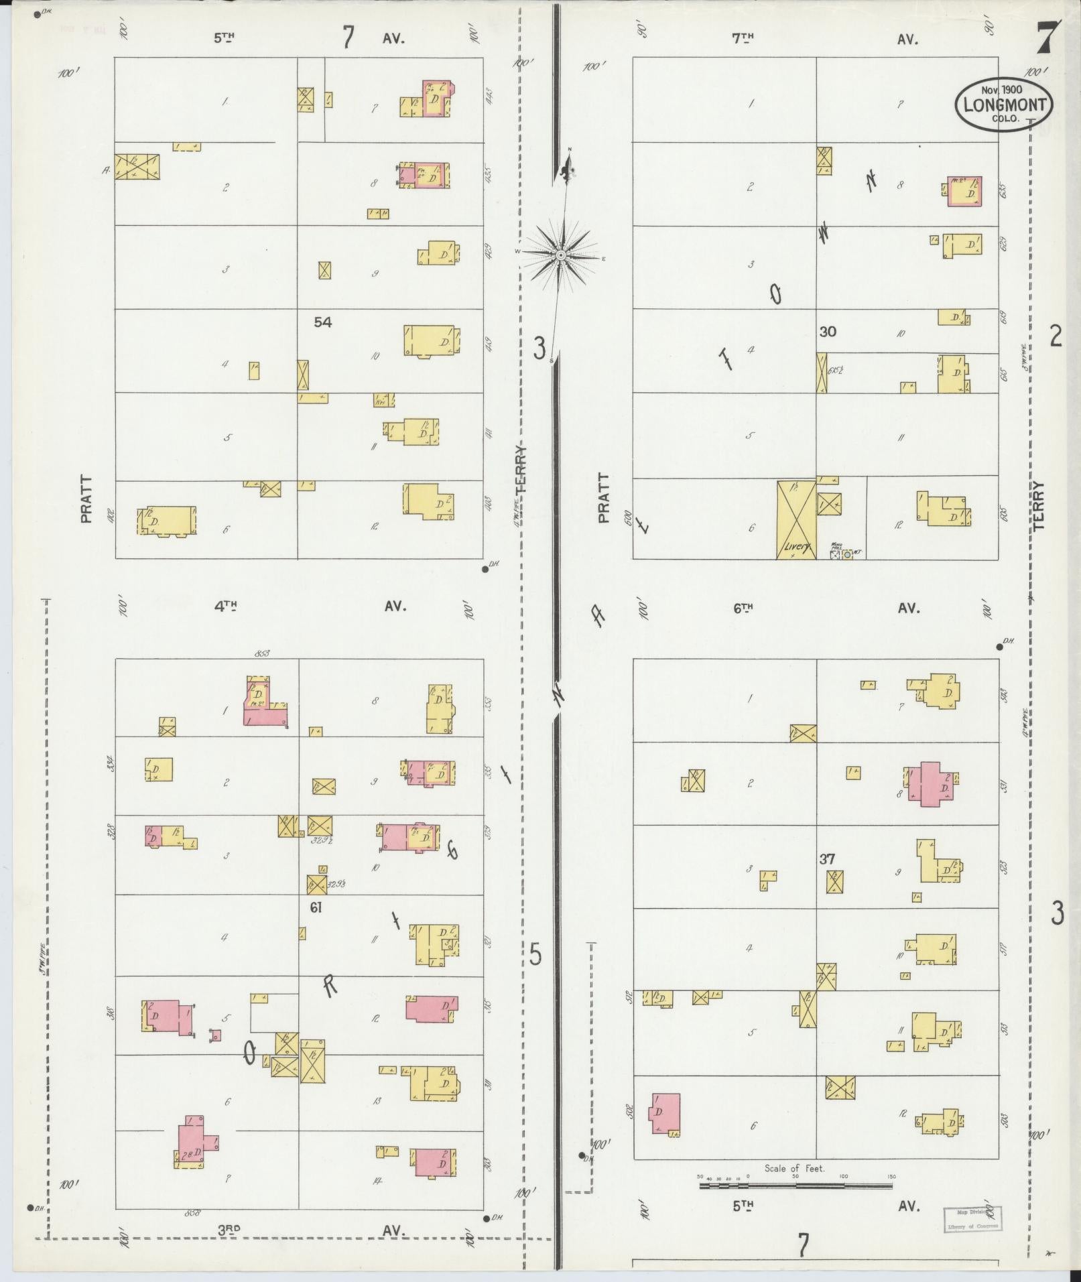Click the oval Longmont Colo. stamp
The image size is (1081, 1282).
(x=1004, y=104)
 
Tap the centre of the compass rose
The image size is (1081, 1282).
(x=561, y=256)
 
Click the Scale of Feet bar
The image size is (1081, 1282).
(x=796, y=1185)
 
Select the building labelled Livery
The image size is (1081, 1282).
(x=796, y=520)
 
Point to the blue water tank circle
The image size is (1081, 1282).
(x=847, y=555)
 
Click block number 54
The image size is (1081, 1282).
(x=322, y=322)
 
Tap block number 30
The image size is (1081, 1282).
(x=828, y=331)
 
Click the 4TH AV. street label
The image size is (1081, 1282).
(x=308, y=606)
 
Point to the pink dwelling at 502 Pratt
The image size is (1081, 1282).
(x=665, y=1113)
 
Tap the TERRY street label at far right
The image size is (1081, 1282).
(x=1039, y=506)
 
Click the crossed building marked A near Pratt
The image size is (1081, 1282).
(x=137, y=166)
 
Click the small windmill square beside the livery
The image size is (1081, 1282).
(x=834, y=555)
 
